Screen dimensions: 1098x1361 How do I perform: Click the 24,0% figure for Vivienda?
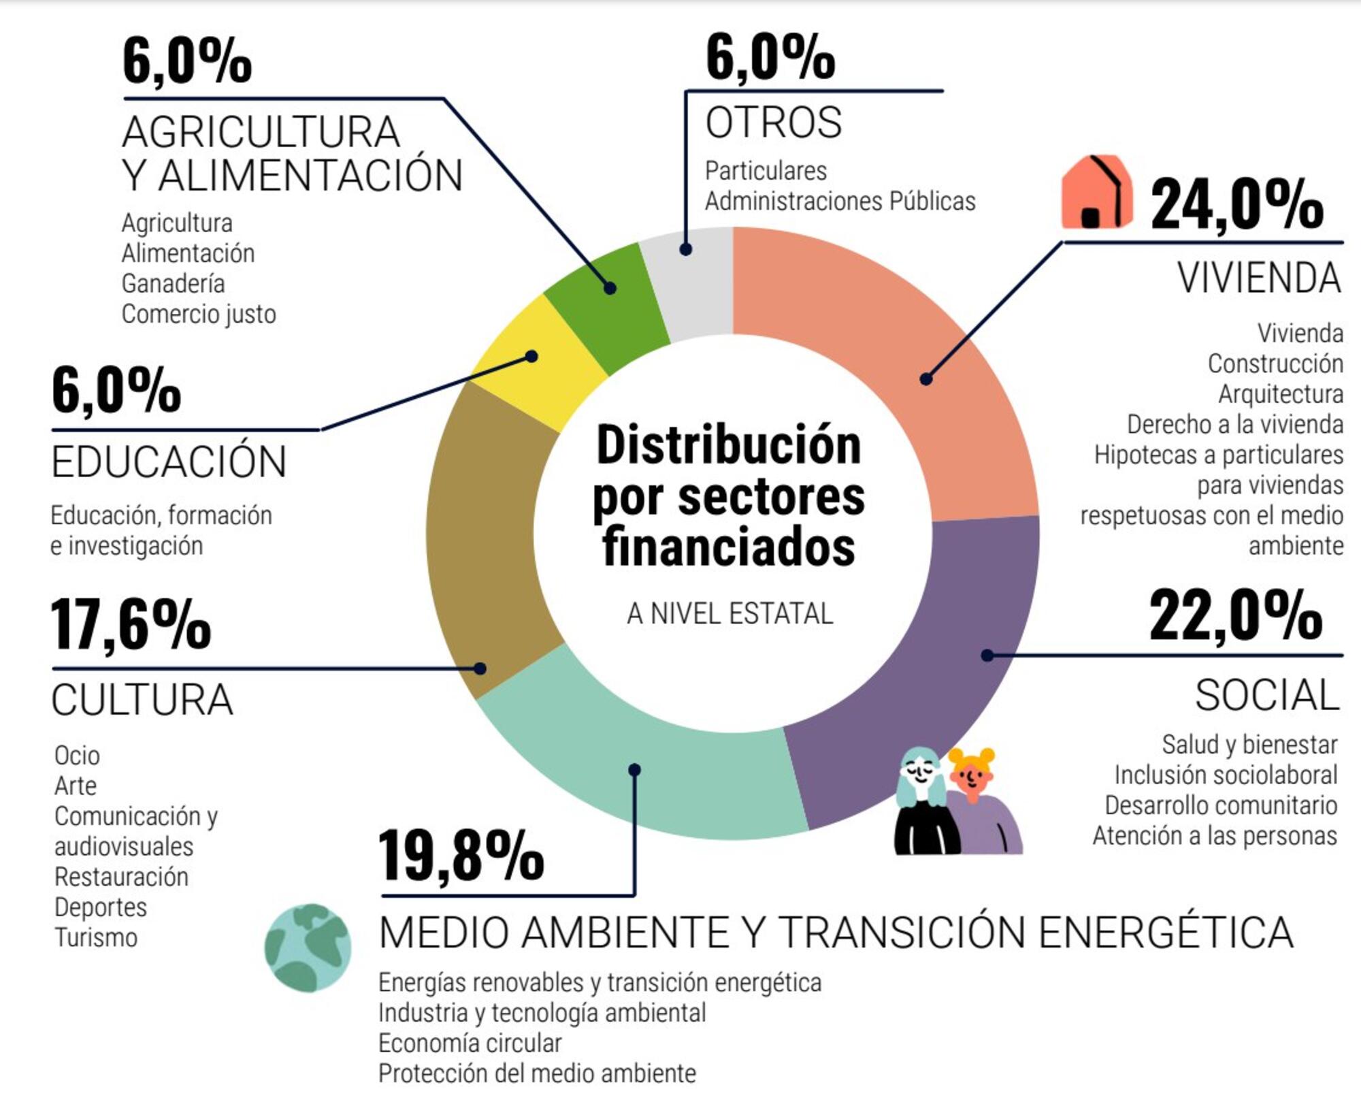click(1236, 204)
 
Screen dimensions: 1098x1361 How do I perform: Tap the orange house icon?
click(1096, 192)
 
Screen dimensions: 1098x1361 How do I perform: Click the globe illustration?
click(308, 947)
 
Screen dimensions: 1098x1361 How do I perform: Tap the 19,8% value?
click(461, 856)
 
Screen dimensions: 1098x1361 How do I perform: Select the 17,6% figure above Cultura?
click(130, 624)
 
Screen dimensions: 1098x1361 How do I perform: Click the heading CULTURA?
click(142, 700)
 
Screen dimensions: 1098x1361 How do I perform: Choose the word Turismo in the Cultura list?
click(96, 937)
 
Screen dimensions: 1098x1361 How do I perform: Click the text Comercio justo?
click(199, 314)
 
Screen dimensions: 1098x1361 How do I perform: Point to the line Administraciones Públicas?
click(840, 201)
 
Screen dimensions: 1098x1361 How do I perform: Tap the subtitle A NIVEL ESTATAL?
click(729, 613)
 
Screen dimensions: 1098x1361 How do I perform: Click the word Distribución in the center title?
click(729, 445)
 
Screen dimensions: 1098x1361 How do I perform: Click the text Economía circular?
click(470, 1043)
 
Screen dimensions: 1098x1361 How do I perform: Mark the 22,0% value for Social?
click(1235, 616)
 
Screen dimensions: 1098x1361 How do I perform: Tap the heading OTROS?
click(774, 123)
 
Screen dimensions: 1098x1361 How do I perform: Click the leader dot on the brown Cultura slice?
click(480, 668)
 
